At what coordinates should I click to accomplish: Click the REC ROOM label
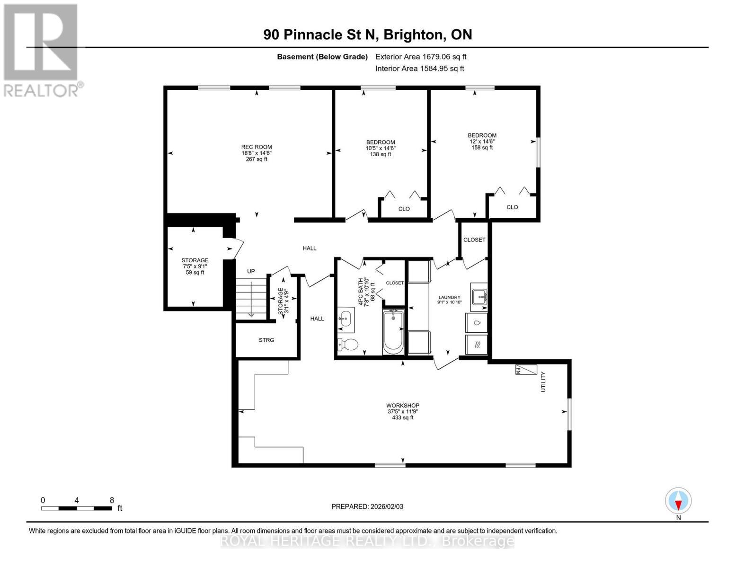[x=257, y=147]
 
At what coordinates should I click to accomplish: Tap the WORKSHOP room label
[x=403, y=406]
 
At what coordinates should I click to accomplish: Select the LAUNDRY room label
[x=449, y=297]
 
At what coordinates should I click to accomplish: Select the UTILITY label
[x=543, y=382]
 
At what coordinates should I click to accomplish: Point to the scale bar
[x=77, y=508]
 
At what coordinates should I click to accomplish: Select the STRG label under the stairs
[x=266, y=340]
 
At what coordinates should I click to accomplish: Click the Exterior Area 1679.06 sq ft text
[x=421, y=57]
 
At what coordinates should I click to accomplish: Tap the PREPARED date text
[x=367, y=506]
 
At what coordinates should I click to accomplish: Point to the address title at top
[x=368, y=35]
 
